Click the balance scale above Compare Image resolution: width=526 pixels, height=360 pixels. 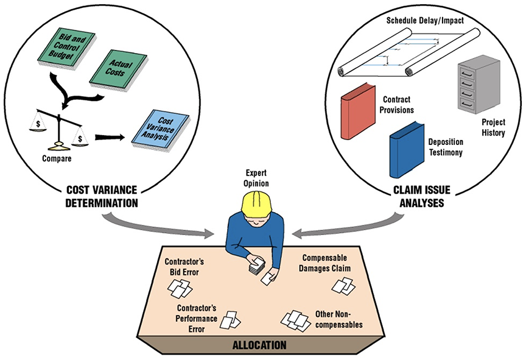point(60,125)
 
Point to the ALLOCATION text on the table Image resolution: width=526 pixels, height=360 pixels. point(259,345)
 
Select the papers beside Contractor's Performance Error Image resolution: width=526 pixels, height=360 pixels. point(231,319)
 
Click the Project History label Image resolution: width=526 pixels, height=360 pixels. point(493,127)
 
